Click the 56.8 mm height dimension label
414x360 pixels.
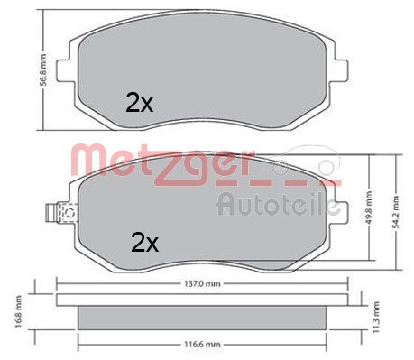(43, 70)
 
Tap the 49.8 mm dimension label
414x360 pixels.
(369, 208)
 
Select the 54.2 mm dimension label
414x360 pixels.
(396, 212)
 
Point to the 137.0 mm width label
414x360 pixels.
(202, 283)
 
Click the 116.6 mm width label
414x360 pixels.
(202, 344)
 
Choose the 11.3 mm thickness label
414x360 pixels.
(376, 318)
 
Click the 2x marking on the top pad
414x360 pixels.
(140, 103)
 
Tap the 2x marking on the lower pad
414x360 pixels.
(144, 243)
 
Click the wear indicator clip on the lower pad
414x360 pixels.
(60, 213)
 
